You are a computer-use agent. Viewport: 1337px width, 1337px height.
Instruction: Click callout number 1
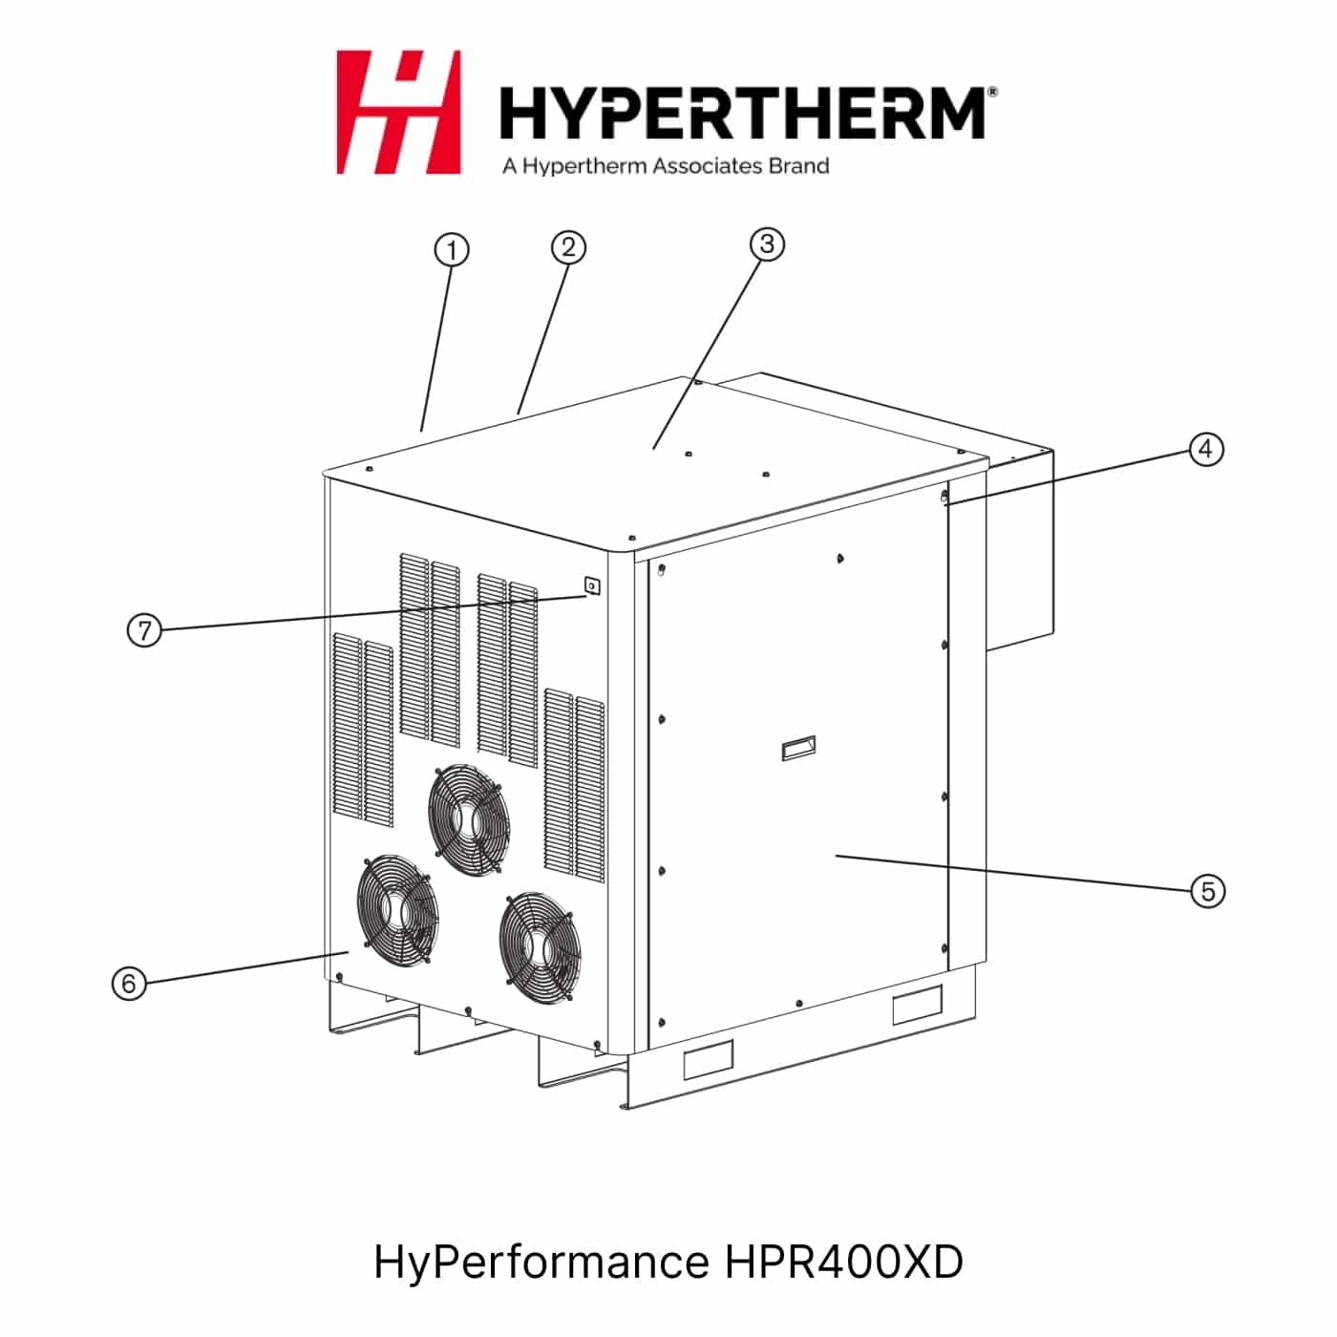click(451, 250)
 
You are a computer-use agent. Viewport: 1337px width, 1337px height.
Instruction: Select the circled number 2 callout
click(568, 247)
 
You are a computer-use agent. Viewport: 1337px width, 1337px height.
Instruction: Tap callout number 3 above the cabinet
click(767, 244)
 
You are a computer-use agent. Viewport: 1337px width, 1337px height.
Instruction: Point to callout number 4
click(1206, 449)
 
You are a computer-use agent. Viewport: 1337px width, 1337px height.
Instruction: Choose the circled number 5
click(1208, 891)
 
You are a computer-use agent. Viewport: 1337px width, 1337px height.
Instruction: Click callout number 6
click(129, 983)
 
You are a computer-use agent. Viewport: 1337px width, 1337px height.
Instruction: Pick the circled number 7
click(144, 630)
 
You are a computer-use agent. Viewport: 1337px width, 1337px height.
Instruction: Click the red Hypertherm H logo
click(398, 112)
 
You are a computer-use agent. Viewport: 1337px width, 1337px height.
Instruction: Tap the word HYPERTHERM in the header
click(742, 113)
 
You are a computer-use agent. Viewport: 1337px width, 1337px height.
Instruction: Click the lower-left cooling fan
click(397, 909)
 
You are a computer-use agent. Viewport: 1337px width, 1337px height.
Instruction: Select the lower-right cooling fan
click(541, 946)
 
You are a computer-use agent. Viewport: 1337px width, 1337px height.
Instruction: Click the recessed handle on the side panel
click(798, 748)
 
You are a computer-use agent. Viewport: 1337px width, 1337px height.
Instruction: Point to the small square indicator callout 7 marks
click(592, 586)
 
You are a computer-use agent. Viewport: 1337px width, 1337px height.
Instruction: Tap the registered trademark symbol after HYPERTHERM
click(992, 92)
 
